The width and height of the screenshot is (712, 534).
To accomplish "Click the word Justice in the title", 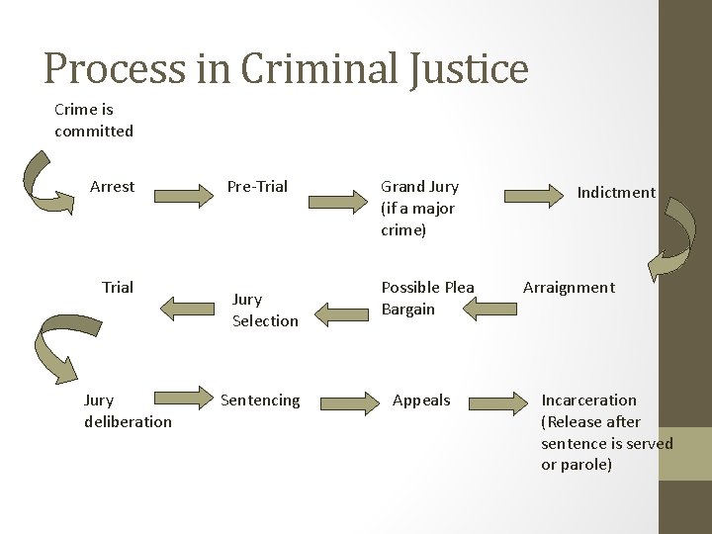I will point(465,68).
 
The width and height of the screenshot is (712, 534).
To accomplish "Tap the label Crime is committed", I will point(94,121).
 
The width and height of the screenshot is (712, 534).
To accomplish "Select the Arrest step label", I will point(112,186).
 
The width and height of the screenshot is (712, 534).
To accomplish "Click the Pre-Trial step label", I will point(257,186).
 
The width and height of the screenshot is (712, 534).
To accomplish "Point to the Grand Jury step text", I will point(419,208).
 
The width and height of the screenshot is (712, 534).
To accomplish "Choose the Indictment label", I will point(617,193).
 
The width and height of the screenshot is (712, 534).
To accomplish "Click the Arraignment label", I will point(569,288).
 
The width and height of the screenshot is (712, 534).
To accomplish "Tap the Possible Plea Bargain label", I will point(427,298).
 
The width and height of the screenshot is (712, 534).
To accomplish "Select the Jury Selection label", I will point(264,310).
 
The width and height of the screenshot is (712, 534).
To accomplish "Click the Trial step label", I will point(118,288).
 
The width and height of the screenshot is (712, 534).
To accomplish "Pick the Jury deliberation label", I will point(128,410).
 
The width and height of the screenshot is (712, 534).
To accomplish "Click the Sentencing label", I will point(259,400).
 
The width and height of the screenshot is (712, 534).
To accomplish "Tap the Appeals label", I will point(421,400).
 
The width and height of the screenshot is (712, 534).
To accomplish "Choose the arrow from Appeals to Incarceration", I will point(499,400).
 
